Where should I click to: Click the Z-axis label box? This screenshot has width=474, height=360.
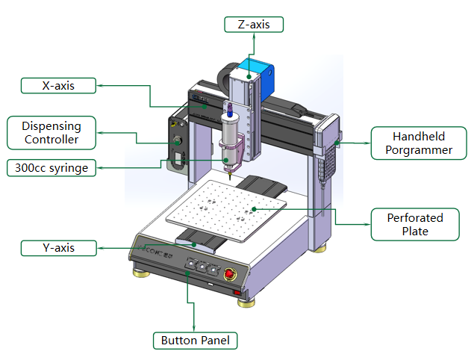[254, 25]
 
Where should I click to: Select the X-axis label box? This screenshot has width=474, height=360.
[58, 85]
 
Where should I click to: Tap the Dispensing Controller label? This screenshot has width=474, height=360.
[52, 132]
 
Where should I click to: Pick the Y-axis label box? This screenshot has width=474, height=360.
[58, 247]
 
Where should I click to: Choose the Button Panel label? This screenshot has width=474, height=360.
[195, 341]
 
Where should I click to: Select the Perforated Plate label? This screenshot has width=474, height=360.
[415, 225]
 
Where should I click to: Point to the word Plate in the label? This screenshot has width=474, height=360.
[415, 232]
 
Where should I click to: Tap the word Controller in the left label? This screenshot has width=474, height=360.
[52, 140]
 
